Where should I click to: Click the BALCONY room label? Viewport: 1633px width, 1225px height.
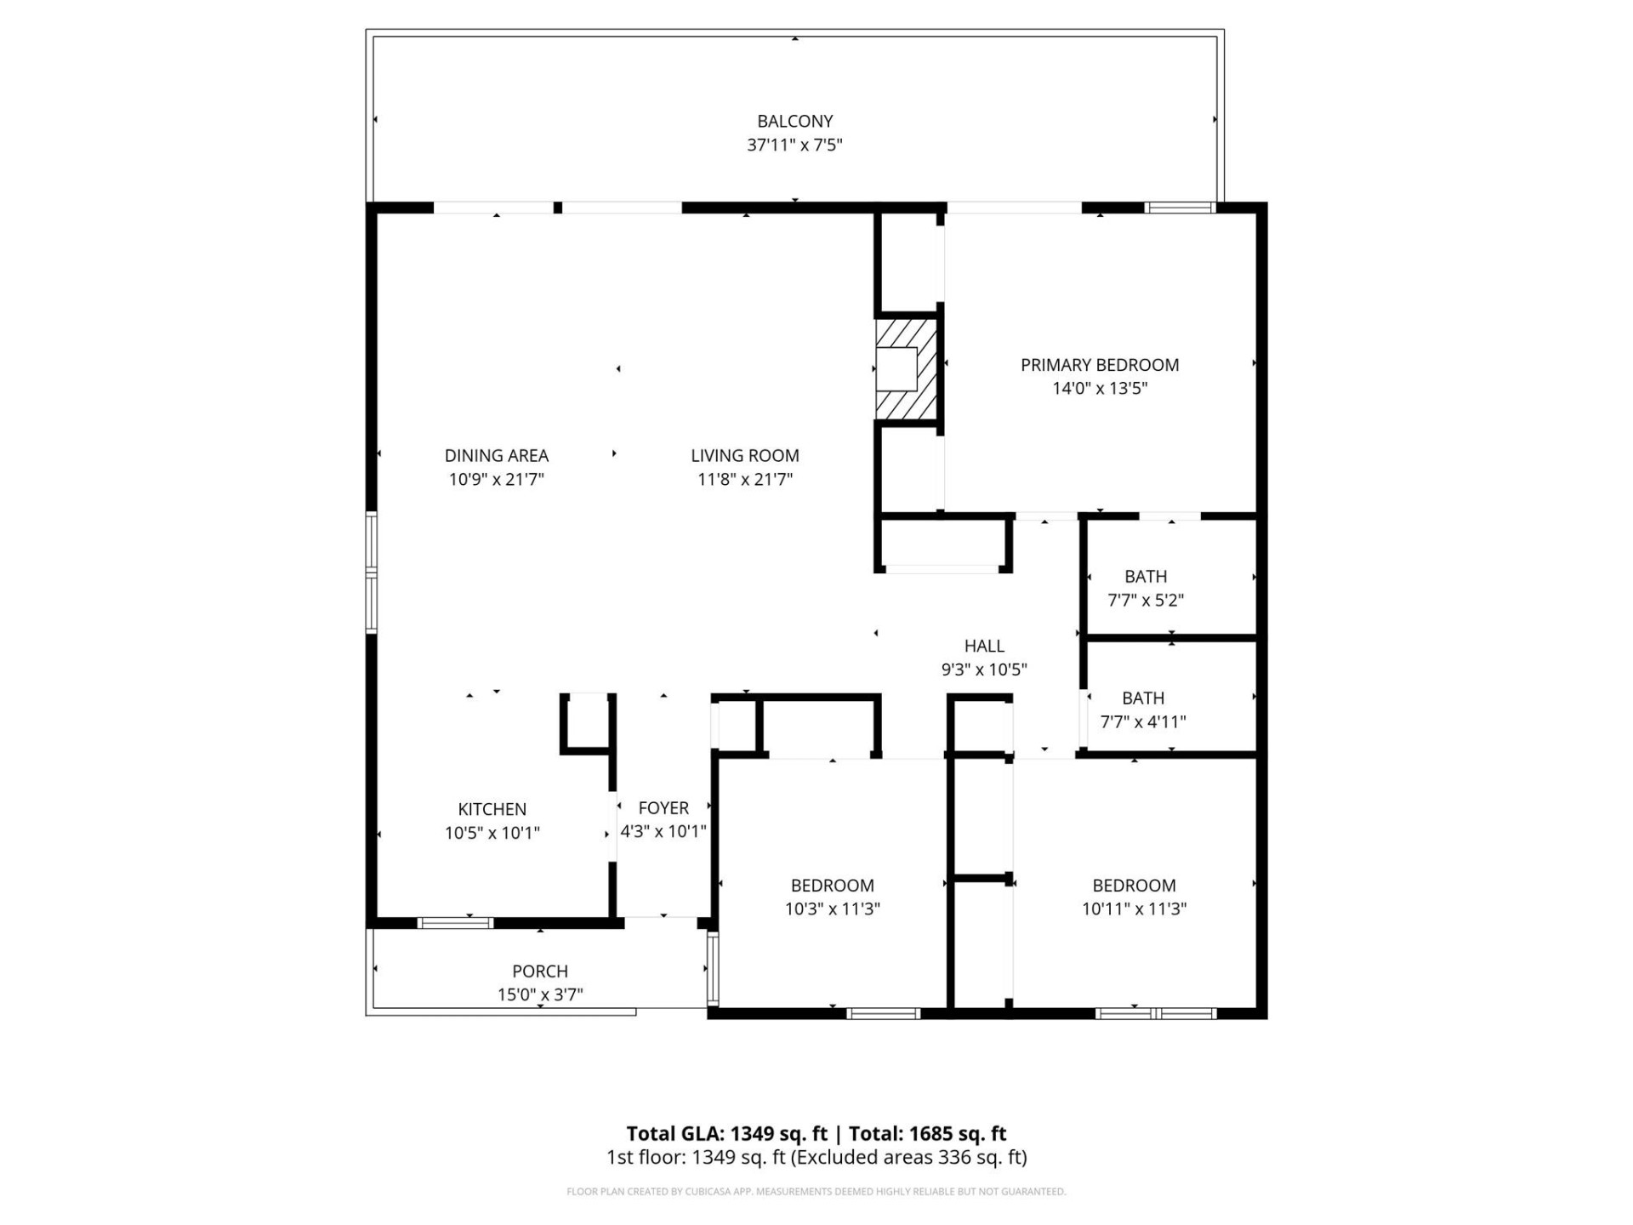tap(794, 122)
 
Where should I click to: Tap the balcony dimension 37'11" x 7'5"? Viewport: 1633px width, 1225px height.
tap(794, 145)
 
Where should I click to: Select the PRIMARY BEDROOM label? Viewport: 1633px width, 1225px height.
tap(1099, 365)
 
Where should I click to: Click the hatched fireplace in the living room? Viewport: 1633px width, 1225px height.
tap(906, 369)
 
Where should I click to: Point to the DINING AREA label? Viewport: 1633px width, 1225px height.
tap(496, 456)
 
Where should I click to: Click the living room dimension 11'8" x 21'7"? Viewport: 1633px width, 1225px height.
tap(744, 480)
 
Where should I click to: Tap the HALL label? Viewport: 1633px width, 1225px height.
tap(984, 647)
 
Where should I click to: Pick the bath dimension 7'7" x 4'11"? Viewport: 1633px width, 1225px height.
tap(1142, 722)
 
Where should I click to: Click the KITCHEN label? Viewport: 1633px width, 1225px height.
tap(492, 809)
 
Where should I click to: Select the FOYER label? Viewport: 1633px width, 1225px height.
tap(663, 808)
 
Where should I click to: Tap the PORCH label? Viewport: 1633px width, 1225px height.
tap(539, 971)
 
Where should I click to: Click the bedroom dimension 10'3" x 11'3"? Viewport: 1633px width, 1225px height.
tap(832, 909)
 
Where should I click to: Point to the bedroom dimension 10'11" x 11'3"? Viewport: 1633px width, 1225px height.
tap(1134, 909)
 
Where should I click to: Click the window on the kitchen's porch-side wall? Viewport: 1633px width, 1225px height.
tap(455, 923)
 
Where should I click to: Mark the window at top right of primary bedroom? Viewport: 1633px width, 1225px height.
tap(1179, 208)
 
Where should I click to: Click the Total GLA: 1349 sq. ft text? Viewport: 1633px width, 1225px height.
tap(726, 1134)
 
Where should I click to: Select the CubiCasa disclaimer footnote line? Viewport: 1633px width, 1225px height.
tap(816, 1192)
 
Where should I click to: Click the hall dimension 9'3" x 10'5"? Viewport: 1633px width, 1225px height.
tap(984, 670)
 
